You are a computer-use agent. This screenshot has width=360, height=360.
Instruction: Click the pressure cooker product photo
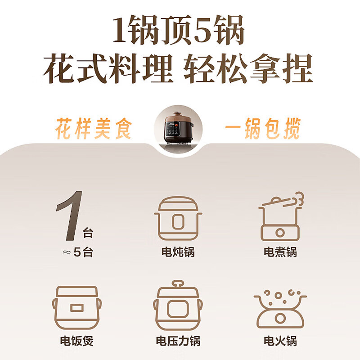[x=179, y=127]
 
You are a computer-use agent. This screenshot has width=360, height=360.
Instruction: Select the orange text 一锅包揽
[x=262, y=128]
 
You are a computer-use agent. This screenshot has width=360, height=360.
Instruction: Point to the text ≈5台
[x=77, y=252]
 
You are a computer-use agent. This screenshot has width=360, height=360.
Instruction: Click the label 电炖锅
[x=178, y=252]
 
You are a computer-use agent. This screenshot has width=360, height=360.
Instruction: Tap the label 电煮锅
[x=280, y=252]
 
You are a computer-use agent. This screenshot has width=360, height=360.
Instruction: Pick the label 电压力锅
[x=178, y=341]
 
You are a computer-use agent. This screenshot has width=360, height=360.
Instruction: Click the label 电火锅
[x=280, y=341]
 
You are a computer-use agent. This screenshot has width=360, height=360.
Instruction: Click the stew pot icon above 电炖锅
[x=178, y=218]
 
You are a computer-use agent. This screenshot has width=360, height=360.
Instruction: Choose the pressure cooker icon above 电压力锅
[x=178, y=306]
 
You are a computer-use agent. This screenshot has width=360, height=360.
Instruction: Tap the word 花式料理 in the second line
[x=108, y=70]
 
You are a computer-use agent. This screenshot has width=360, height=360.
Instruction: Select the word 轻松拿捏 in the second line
[x=248, y=70]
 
